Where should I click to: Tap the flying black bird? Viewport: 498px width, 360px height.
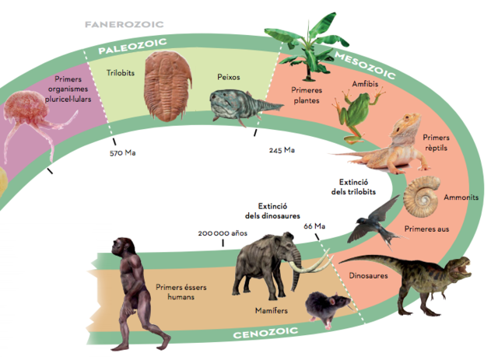[372, 220]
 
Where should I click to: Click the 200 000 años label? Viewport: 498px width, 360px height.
[222, 232]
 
